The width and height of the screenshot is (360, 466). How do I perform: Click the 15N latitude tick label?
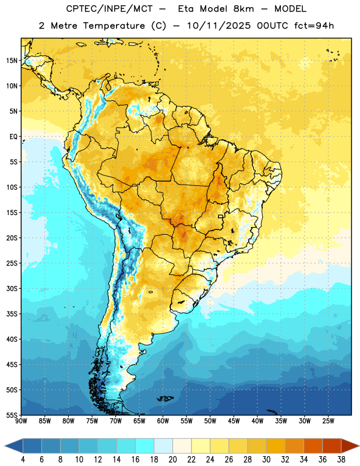tap(12, 61)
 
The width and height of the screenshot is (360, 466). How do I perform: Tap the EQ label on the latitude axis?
tap(13, 137)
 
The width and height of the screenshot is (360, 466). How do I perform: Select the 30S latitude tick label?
tap(12, 288)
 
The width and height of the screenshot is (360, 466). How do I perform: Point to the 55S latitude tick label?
tap(12, 415)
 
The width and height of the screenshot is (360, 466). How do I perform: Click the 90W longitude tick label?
tap(21, 421)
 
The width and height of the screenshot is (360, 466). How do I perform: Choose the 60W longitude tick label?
tap(163, 421)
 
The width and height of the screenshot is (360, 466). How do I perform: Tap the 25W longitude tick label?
tap(329, 421)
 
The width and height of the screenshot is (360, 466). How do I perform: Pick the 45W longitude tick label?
tap(234, 421)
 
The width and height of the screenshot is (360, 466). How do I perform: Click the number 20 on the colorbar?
tap(172, 460)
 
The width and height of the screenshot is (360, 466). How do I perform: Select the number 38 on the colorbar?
tap(341, 460)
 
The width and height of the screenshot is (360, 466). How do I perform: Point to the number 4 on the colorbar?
tap(23, 460)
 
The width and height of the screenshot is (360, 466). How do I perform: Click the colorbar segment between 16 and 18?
tap(145, 446)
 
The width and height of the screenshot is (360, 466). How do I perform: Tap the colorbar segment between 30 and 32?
tap(276, 446)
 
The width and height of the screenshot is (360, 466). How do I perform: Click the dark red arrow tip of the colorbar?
tap(350, 446)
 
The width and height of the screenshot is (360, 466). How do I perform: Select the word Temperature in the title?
tap(114, 26)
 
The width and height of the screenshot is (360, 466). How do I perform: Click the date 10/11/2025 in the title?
tap(218, 26)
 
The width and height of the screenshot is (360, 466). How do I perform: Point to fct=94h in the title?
tap(314, 26)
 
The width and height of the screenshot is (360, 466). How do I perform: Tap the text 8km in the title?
tap(243, 9)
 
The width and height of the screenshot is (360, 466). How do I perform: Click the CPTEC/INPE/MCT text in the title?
tap(109, 9)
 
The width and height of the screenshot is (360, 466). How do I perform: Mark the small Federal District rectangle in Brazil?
tap(221, 216)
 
